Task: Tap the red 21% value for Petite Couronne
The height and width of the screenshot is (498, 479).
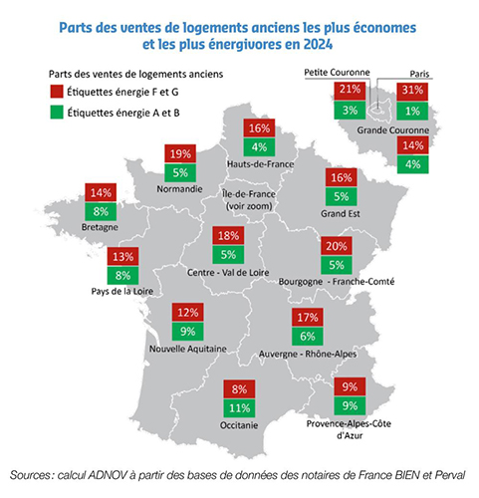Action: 349,89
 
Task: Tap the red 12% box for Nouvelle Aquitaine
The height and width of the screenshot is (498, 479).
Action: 186,313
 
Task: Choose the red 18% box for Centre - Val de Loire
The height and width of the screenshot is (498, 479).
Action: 228,236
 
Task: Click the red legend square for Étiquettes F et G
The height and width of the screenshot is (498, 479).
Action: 57,91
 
